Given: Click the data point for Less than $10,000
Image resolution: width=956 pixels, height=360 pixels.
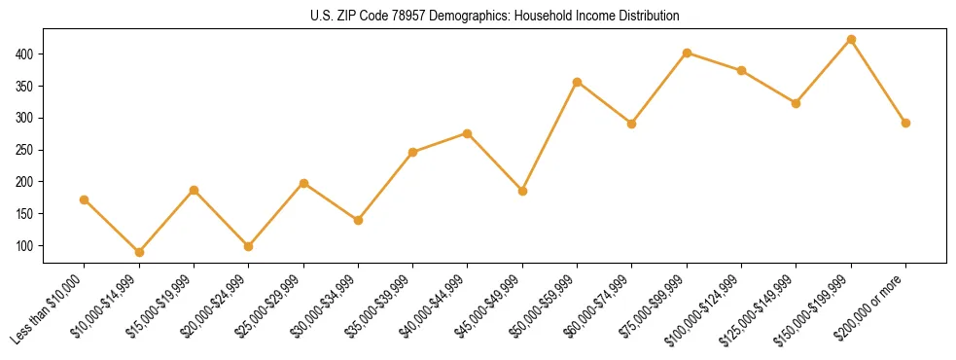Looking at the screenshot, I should click(85, 199).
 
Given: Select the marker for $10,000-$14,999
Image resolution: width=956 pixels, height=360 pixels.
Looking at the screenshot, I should click(139, 252).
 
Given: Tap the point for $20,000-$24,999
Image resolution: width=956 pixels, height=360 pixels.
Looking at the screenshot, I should click(249, 246).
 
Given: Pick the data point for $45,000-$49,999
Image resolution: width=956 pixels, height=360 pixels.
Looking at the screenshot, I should click(522, 191).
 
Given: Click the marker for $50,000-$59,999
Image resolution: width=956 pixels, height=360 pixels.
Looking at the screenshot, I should click(578, 82).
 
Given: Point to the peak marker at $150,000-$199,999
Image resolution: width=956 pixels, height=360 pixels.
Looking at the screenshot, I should click(851, 39).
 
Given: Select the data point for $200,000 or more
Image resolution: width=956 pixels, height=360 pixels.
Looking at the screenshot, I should click(905, 123).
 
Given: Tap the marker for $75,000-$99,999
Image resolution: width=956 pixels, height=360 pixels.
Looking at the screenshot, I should click(687, 53).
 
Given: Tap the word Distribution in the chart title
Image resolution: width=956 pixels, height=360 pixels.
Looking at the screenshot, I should click(647, 17).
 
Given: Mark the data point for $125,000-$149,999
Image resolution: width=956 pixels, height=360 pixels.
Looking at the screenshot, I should click(797, 102).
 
